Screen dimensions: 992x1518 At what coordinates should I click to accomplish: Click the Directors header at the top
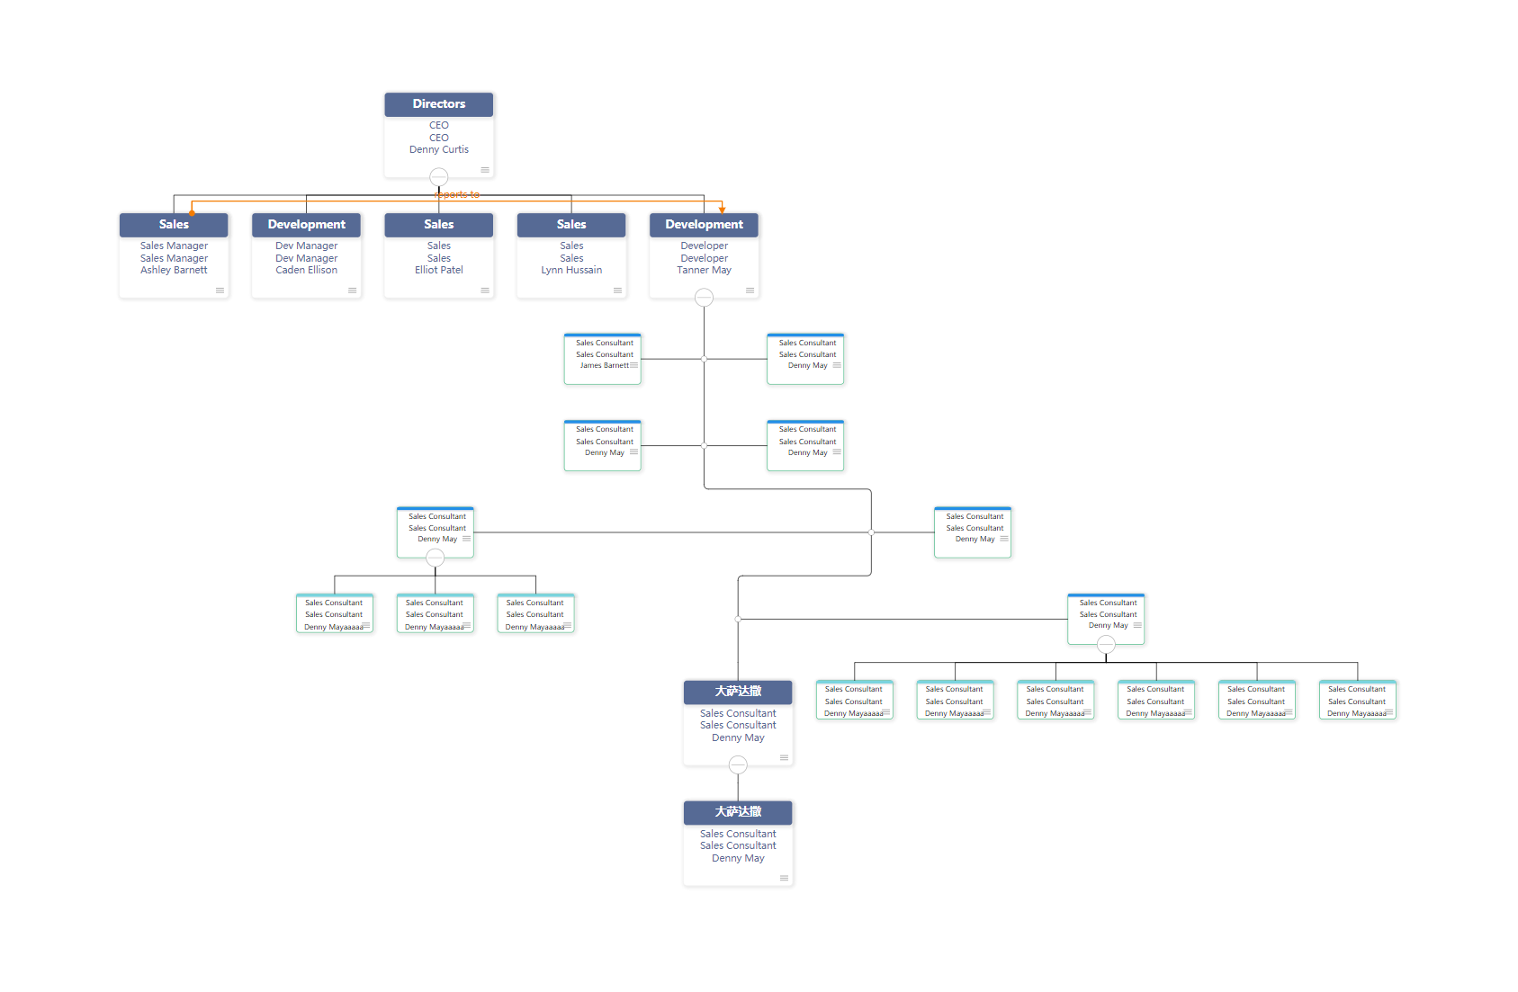point(438,104)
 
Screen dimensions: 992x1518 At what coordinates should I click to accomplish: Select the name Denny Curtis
point(438,150)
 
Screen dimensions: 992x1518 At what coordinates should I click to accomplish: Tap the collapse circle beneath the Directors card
point(438,176)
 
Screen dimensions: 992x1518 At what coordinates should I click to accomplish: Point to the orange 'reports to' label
point(457,194)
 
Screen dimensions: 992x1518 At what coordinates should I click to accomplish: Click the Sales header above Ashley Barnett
point(174,225)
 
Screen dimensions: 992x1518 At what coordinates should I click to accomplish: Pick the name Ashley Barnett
point(174,271)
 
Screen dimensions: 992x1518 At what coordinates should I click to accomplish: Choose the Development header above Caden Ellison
point(306,225)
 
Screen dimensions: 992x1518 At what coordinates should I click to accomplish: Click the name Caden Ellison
point(306,271)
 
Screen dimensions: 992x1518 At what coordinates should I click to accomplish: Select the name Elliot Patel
point(438,271)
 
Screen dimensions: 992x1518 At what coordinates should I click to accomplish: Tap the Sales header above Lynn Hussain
point(570,225)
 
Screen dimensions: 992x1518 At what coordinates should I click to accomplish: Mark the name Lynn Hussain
point(571,271)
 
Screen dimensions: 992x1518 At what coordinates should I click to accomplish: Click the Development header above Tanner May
point(704,225)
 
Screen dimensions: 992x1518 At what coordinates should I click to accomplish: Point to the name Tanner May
point(704,271)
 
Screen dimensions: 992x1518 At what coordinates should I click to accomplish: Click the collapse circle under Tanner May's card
point(704,297)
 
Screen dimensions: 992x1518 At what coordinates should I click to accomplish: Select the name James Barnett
point(604,366)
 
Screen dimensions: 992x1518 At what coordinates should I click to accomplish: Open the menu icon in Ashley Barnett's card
point(220,290)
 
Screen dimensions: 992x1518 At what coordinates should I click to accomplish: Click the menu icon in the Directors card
point(485,170)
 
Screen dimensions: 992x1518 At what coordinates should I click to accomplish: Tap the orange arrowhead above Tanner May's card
point(722,210)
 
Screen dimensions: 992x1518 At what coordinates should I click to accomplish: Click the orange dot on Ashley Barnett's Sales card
point(192,212)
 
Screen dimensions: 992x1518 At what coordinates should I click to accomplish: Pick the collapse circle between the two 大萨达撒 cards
point(738,764)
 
